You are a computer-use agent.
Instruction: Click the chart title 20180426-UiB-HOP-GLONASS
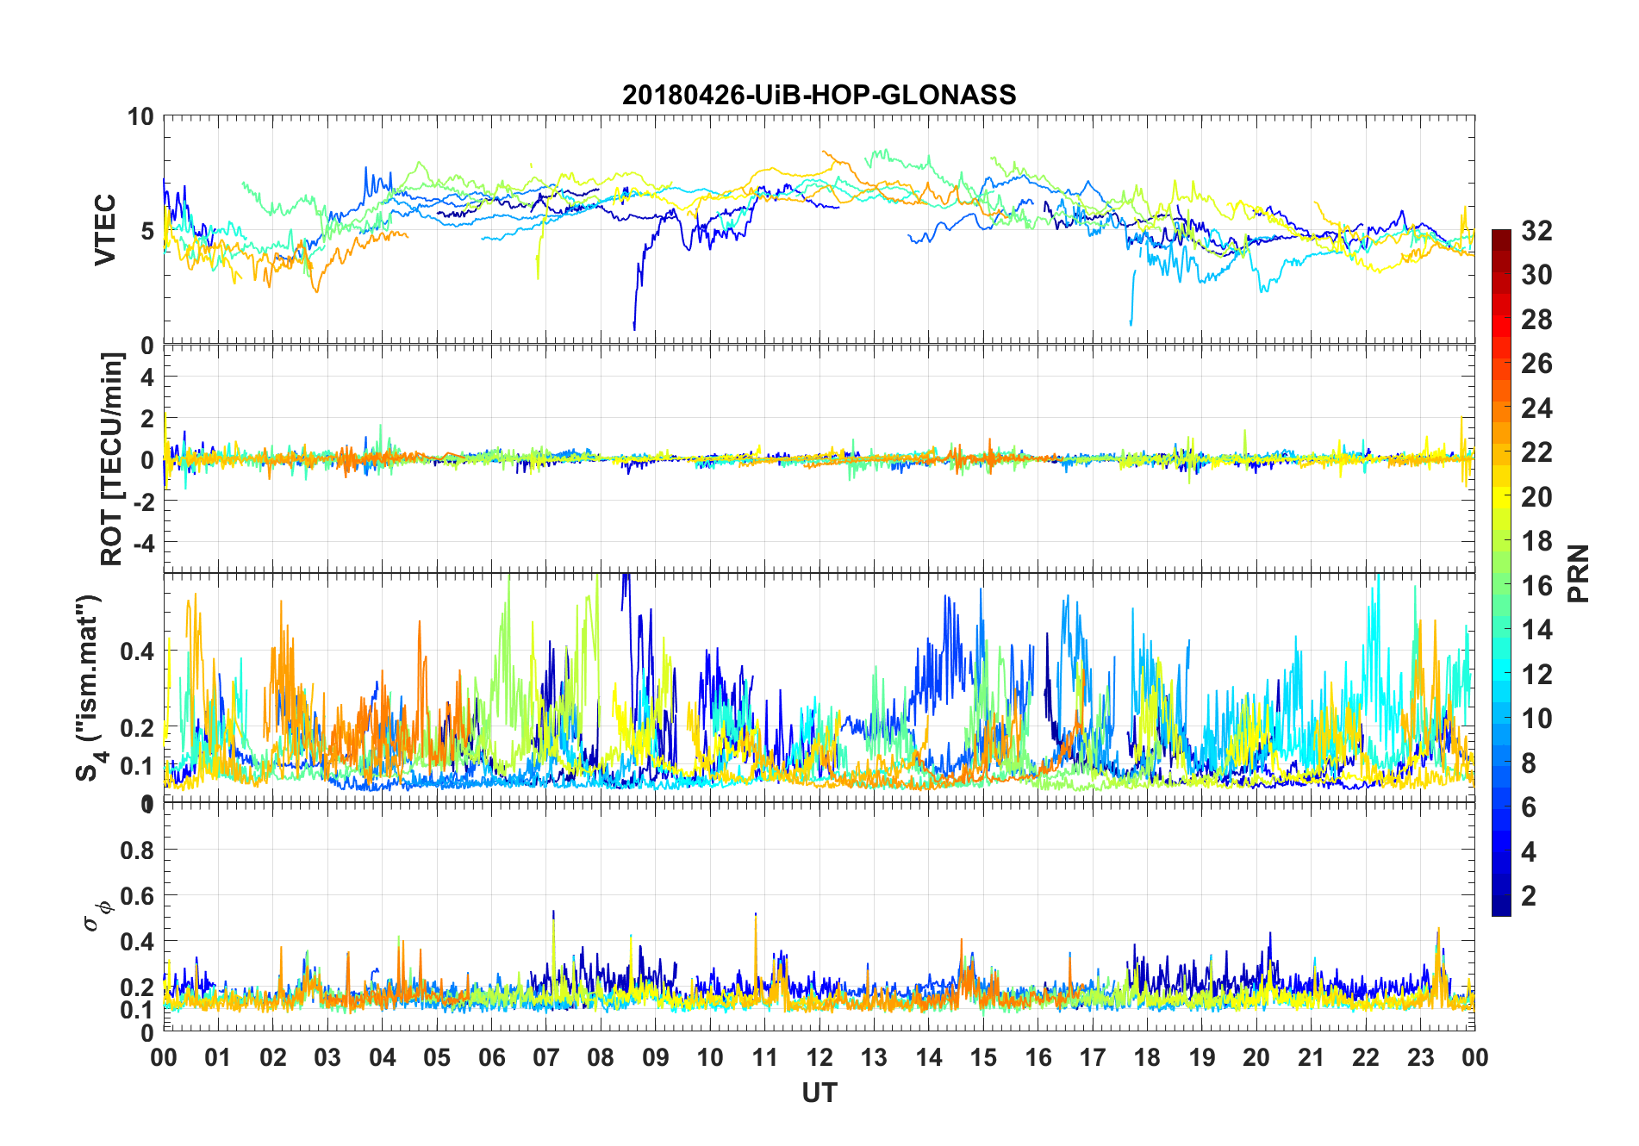point(819,95)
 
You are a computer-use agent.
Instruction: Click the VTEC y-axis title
point(105,230)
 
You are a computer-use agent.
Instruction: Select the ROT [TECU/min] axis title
point(112,458)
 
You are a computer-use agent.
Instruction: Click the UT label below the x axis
point(819,1093)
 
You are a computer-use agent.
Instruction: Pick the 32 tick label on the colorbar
point(1536,231)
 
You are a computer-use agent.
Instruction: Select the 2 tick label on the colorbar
point(1529,896)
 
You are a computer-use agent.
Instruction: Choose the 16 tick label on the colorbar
point(1536,586)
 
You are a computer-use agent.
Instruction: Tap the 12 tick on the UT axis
point(819,1057)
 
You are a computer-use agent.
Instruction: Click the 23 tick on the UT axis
point(1420,1057)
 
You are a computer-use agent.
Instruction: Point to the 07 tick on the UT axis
point(546,1057)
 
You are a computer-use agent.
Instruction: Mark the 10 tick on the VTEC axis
point(140,116)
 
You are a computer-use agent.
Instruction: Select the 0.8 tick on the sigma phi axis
point(137,850)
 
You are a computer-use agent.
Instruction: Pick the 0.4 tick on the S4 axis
point(137,651)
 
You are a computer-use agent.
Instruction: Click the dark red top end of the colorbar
point(1501,234)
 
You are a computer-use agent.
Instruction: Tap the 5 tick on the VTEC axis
point(146,231)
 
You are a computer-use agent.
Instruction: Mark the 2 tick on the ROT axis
point(146,418)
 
